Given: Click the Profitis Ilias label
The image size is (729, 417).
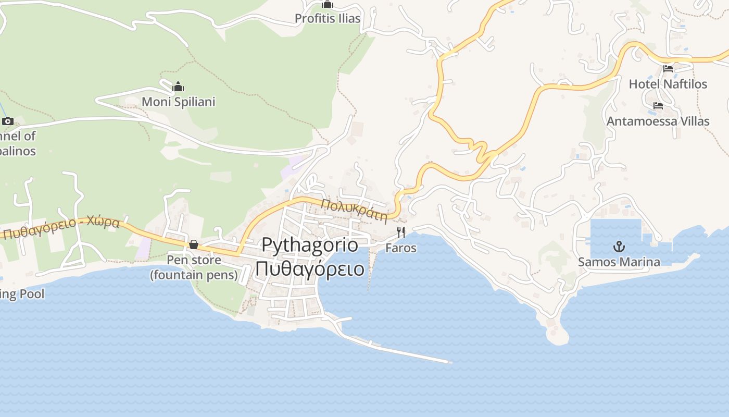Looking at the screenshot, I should click(328, 19).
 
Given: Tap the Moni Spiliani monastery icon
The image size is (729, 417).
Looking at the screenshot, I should click(178, 87).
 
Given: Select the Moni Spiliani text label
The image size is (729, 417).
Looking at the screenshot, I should click(179, 102).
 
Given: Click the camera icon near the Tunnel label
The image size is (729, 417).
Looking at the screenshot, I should click(7, 121).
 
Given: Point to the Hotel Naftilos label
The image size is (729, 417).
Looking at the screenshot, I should click(668, 84).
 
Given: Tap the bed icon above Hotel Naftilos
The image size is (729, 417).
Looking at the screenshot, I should click(668, 69).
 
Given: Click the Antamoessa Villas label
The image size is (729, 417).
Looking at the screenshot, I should click(658, 121).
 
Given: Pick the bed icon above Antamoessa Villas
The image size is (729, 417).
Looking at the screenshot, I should click(658, 106).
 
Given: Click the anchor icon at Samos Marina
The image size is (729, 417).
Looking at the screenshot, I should click(619, 247).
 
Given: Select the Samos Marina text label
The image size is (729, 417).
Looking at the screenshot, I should click(619, 262).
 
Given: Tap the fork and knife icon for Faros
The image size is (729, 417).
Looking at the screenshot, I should click(401, 232).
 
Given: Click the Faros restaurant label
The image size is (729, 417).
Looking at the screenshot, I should click(401, 248).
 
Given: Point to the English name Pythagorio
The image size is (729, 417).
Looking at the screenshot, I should click(310, 244).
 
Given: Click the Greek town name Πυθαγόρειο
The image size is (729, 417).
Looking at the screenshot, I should click(310, 269).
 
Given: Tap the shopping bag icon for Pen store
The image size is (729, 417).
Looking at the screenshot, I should click(194, 244).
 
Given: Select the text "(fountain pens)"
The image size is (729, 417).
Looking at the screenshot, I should click(194, 274).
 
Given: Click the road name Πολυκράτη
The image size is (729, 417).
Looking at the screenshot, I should click(355, 210).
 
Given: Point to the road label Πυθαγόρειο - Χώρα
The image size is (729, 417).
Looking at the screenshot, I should click(61, 228).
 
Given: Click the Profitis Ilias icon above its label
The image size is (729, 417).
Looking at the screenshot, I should click(327, 5).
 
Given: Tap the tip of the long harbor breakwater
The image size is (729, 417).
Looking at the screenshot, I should click(449, 362).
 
